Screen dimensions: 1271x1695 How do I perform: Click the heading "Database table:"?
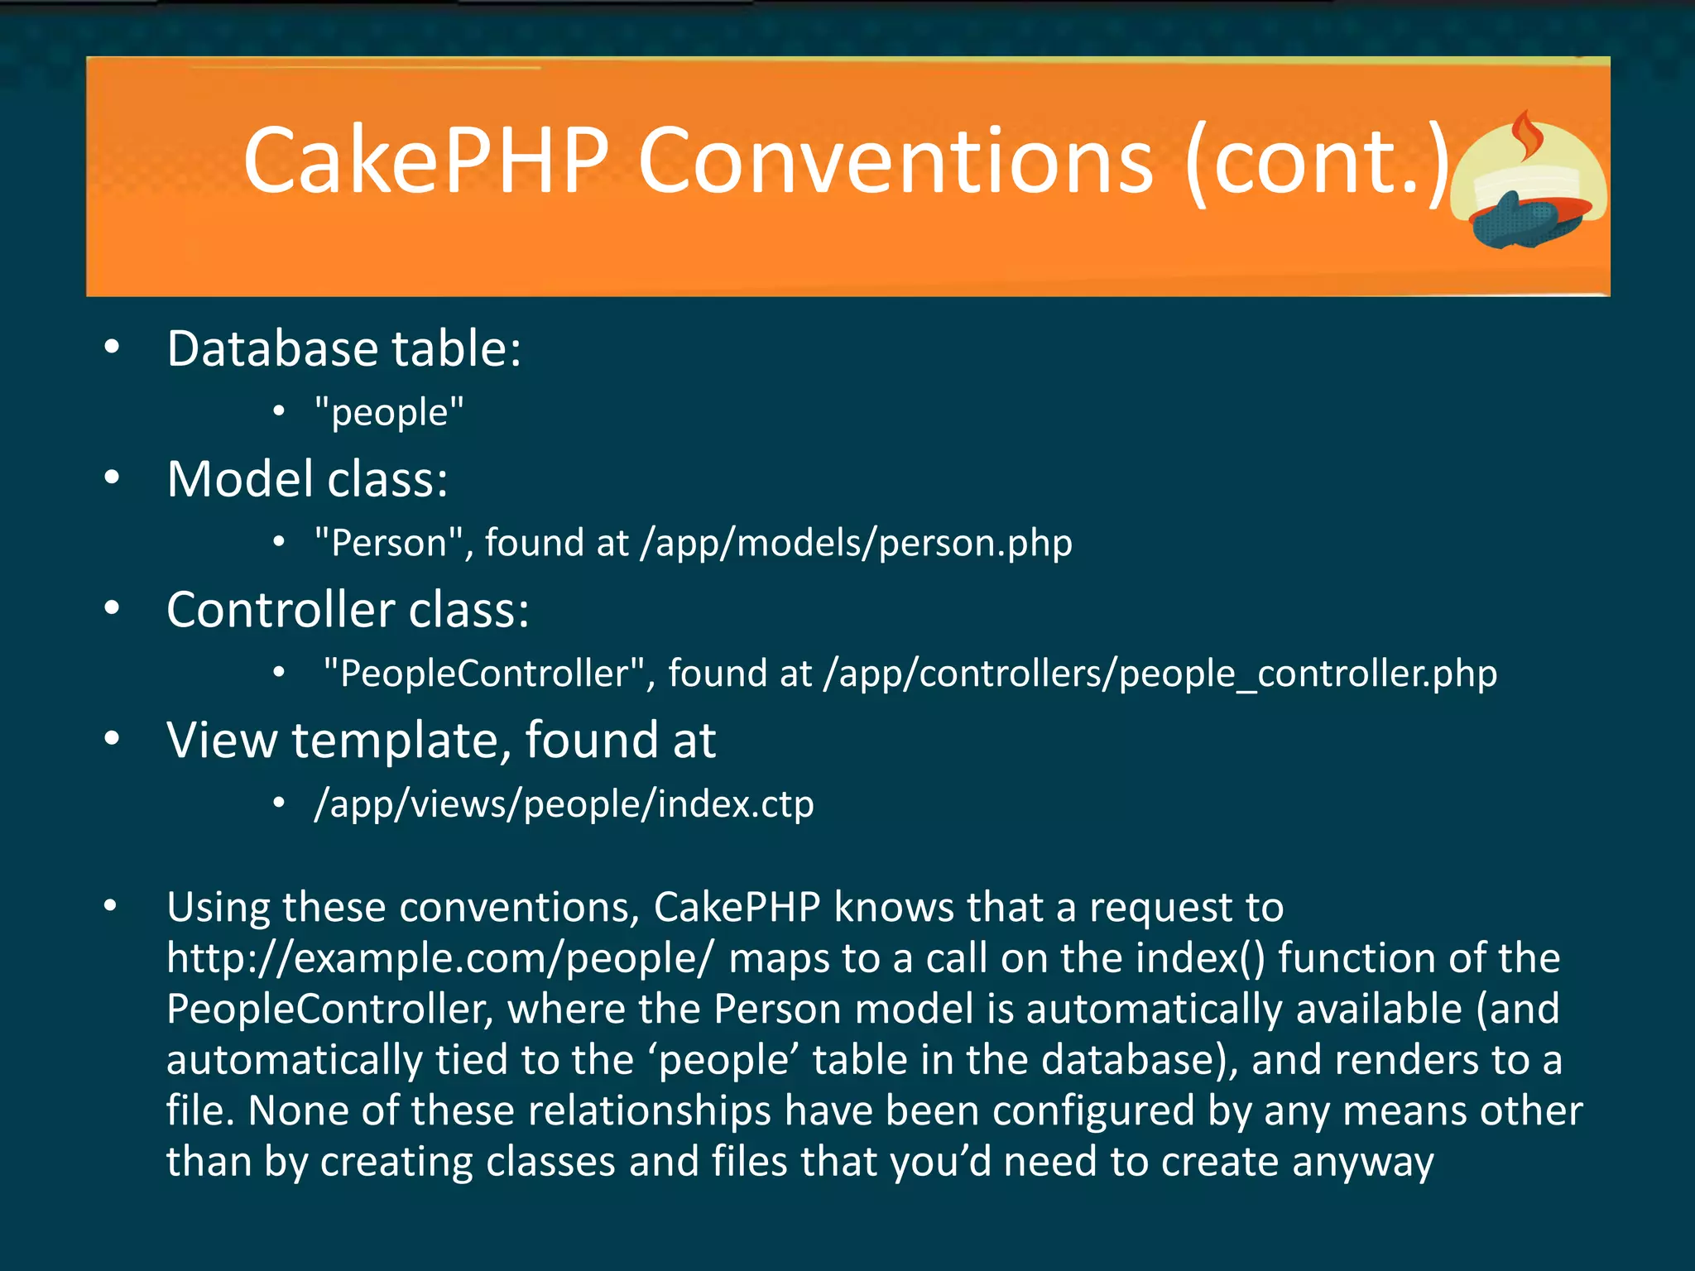343,348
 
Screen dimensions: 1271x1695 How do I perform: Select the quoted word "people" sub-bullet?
389,412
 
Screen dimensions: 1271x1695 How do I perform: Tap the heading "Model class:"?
307,479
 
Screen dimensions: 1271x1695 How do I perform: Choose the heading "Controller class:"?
348,610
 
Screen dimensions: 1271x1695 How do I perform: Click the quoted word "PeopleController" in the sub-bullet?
484,674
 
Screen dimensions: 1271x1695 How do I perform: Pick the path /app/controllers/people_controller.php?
1160,674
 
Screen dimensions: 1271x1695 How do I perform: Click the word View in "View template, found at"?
222,740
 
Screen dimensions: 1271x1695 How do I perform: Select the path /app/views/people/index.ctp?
564,804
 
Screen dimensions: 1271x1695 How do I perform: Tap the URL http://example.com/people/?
439,958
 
